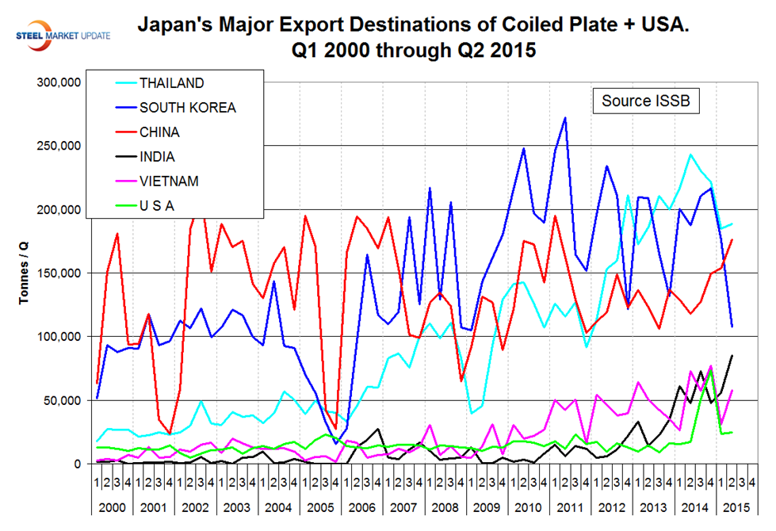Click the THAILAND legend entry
171,83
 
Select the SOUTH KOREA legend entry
187,108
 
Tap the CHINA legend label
159,132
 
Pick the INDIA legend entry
156,157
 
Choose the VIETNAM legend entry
169,181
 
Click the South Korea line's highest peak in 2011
564,118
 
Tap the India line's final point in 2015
731,356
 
